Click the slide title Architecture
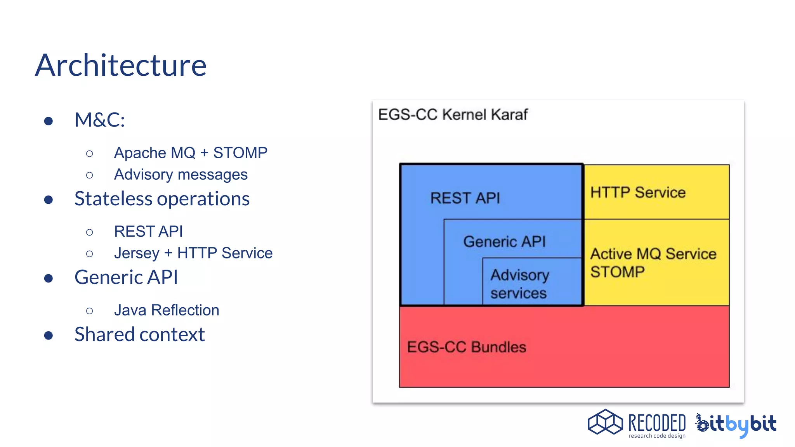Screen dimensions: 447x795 point(121,65)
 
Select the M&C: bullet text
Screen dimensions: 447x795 point(100,120)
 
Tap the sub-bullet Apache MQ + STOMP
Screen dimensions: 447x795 point(191,153)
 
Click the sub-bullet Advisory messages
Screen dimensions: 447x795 point(181,175)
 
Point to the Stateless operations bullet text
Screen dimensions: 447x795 point(162,199)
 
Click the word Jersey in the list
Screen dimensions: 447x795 point(137,253)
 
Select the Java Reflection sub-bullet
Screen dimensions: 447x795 point(167,310)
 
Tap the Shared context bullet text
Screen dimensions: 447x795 point(139,334)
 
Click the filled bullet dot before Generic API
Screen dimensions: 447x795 point(49,278)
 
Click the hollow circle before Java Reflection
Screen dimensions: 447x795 point(90,311)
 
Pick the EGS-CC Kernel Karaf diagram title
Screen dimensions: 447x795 point(453,115)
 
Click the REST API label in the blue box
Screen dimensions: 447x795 point(465,198)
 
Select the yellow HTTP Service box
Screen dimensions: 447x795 point(656,192)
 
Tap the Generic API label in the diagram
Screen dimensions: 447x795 point(504,242)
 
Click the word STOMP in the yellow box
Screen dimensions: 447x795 point(617,272)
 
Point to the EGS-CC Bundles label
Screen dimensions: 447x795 point(467,347)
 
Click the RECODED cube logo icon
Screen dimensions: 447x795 point(605,422)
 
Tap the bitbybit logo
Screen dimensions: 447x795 point(736,424)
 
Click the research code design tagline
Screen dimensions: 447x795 point(657,436)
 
